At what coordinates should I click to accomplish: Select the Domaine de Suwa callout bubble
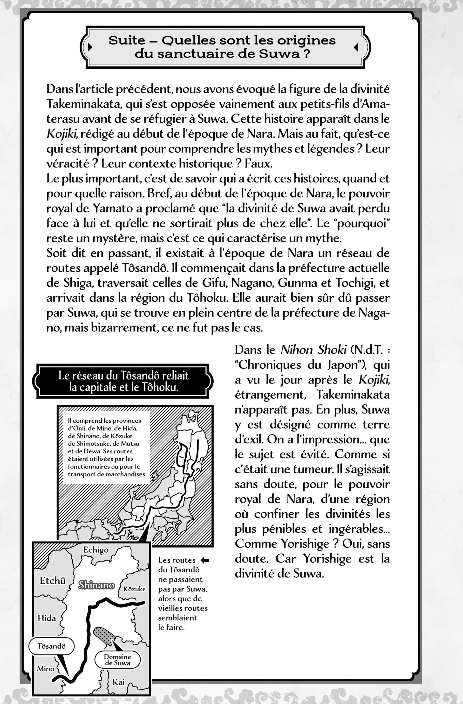pos(117,660)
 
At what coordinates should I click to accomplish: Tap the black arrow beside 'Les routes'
pos(204,560)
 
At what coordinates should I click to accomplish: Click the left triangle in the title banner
pos(90,47)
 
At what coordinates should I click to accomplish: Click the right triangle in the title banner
pos(356,47)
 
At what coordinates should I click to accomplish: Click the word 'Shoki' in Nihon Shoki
pos(332,350)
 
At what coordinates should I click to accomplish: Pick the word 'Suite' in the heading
pos(127,40)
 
